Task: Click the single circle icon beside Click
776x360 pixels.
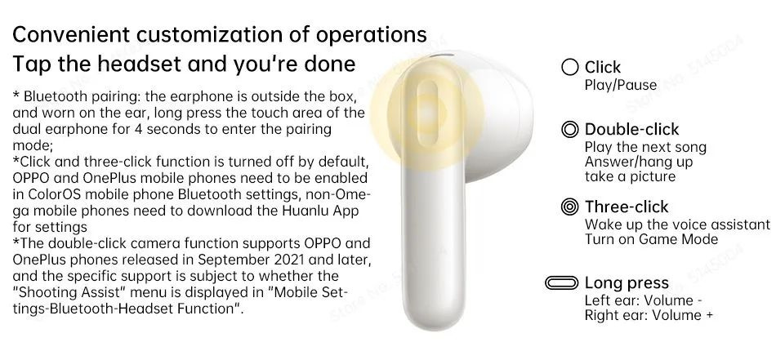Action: pos(570,67)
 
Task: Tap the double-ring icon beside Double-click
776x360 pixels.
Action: pos(570,130)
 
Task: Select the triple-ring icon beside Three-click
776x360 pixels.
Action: pos(570,207)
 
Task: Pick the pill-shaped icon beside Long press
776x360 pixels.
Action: pos(561,282)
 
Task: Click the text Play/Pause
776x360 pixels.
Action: pos(621,85)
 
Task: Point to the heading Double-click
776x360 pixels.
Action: pos(632,129)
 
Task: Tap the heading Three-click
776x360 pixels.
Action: pos(627,207)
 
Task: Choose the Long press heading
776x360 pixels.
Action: pos(627,282)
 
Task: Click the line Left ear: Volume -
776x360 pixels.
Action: pos(644,300)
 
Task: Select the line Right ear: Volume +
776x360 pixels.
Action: pos(649,315)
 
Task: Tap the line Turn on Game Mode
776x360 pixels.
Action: pos(651,239)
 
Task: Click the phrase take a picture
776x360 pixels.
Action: pos(630,176)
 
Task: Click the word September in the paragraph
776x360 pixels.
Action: pos(234,260)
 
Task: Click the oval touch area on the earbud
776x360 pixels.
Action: pos(427,113)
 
